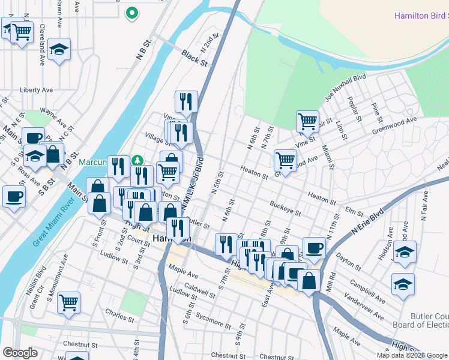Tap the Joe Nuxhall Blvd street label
[x=345, y=88]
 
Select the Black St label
[x=195, y=58]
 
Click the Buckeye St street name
[x=285, y=208]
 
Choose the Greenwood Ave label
[x=394, y=124]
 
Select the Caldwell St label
[x=200, y=292]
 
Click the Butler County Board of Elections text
[x=429, y=320]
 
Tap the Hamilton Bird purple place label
[x=421, y=16]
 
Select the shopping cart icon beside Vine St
[x=307, y=121]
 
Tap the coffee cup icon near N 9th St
[x=313, y=247]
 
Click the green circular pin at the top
[x=131, y=12]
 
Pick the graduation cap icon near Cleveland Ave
[x=59, y=50]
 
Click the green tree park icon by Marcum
[x=138, y=160]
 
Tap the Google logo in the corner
[x=20, y=353]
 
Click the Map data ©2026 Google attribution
[x=411, y=355]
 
